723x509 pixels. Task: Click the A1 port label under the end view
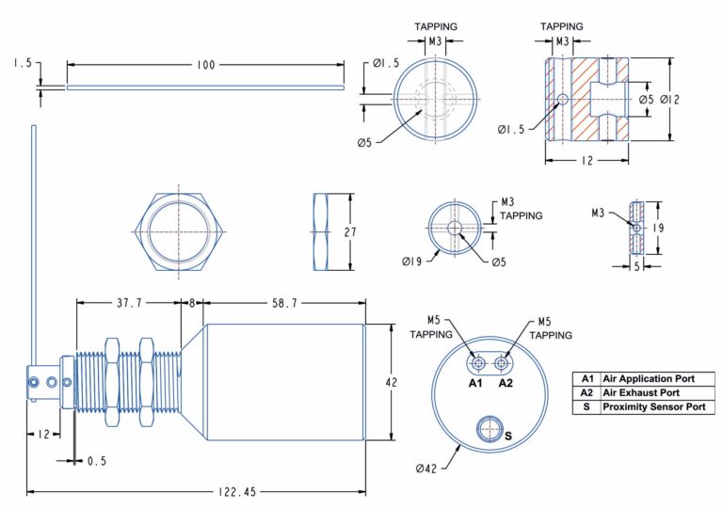tap(476, 383)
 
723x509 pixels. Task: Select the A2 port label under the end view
tap(506, 383)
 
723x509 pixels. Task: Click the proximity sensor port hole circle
tap(490, 430)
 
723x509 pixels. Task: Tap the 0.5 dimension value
tap(96, 461)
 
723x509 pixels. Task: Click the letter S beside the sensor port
tap(509, 437)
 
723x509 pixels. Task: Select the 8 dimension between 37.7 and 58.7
tap(192, 303)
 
